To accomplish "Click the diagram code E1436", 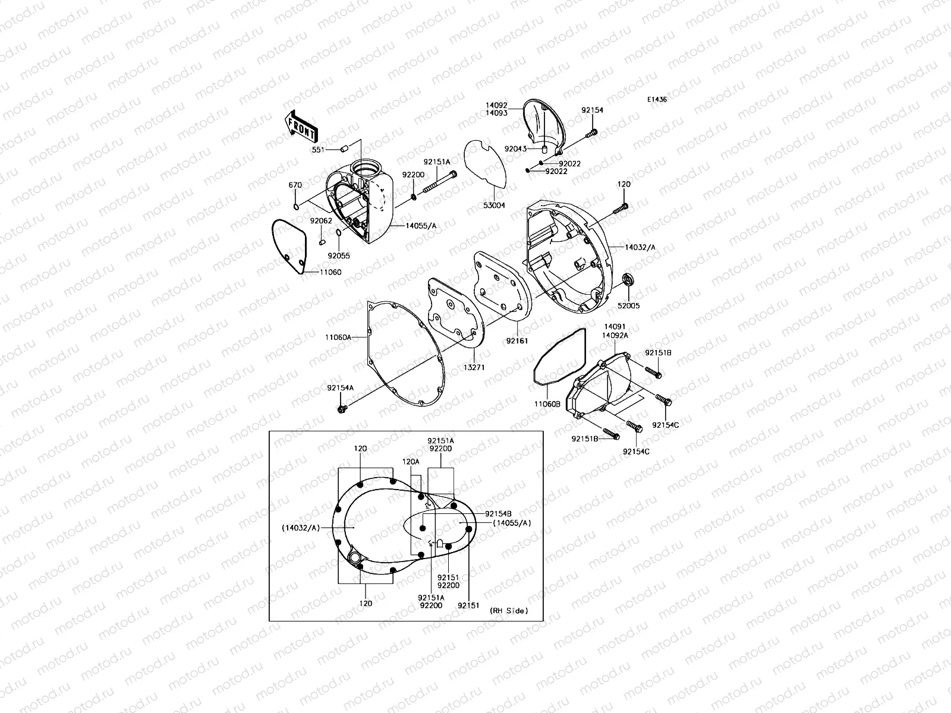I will [x=657, y=100].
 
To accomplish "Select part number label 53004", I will [x=494, y=206].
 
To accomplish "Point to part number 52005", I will [x=628, y=306].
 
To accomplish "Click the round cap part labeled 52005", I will [x=628, y=280].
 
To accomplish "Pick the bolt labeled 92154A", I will [x=342, y=409].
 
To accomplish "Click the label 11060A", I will [x=338, y=337].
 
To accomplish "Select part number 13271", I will [x=474, y=367].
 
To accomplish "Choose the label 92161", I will [x=517, y=342].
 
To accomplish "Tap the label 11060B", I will [x=547, y=404].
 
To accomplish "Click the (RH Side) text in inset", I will [x=508, y=611].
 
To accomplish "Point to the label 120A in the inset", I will [x=411, y=461].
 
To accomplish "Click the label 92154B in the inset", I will [x=498, y=513].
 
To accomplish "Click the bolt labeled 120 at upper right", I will [x=622, y=208].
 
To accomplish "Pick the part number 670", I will [x=295, y=185].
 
